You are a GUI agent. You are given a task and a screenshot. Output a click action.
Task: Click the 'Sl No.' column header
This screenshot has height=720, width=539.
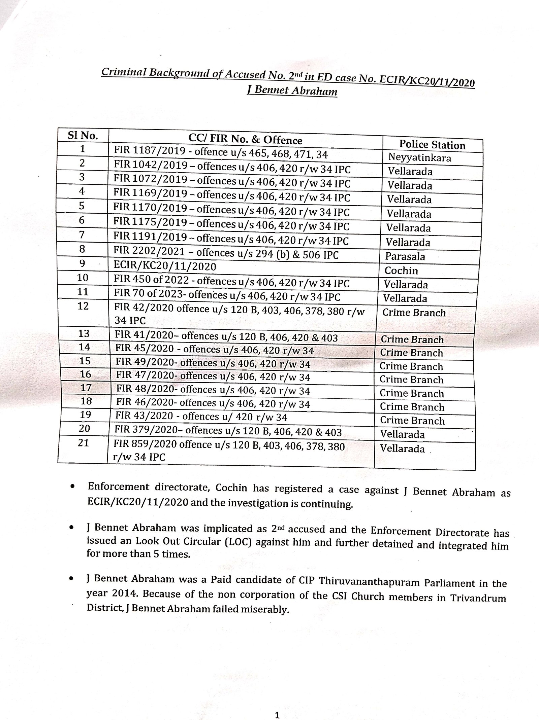pos(83,136)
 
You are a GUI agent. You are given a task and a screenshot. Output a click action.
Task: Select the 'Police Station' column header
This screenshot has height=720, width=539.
pos(432,145)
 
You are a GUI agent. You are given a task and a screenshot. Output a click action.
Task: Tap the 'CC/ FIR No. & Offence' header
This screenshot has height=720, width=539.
pos(245,140)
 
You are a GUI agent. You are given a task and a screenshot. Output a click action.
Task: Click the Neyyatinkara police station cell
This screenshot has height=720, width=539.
pos(419,157)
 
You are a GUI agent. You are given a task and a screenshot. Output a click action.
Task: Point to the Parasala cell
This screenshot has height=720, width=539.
pos(405,257)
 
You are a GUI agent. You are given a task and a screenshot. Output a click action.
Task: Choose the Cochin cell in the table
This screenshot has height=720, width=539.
pos(401,271)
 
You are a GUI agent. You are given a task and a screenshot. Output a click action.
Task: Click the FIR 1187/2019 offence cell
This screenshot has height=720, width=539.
pos(221,153)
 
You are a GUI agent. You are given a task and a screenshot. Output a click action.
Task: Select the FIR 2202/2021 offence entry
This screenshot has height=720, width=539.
pos(226,254)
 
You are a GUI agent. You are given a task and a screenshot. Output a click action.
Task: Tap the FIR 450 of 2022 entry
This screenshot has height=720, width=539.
pos(232,282)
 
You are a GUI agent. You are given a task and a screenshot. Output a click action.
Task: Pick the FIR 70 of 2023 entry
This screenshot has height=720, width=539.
pos(227,296)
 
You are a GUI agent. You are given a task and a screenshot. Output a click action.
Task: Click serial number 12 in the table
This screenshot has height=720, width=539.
pos(83,306)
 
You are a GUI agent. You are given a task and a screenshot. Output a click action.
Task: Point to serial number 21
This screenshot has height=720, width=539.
pos(83,443)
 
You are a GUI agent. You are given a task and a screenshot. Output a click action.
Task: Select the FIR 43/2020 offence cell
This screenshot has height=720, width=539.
pos(201,417)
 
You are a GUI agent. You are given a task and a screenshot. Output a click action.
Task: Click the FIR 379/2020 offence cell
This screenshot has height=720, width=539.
pos(228,431)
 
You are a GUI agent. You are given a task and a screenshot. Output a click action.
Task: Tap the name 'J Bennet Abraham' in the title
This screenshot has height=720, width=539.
pos(292,91)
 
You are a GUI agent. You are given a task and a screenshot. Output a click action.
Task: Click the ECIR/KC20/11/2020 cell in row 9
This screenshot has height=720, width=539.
pos(165,267)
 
